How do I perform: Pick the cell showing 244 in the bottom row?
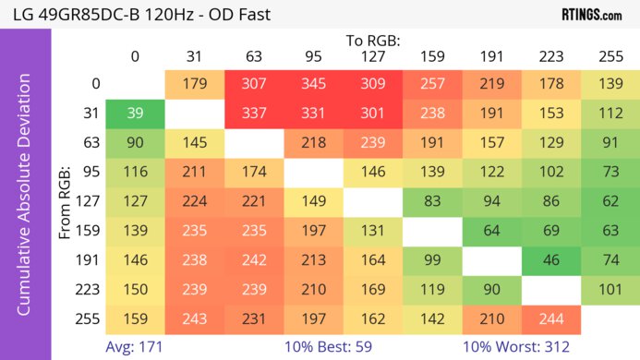tap(550, 319)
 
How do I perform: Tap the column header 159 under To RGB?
tap(432, 56)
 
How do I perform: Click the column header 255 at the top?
tap(610, 56)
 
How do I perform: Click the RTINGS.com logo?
tap(592, 15)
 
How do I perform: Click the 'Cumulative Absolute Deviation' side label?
tap(25, 201)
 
